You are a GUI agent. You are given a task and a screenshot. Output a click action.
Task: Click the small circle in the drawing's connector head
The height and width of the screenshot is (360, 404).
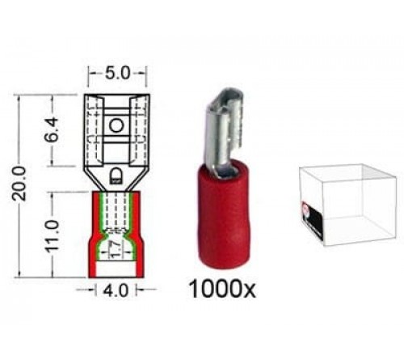coord(116,125)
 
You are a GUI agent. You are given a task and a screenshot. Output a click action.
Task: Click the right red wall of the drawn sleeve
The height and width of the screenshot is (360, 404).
coord(141,235)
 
